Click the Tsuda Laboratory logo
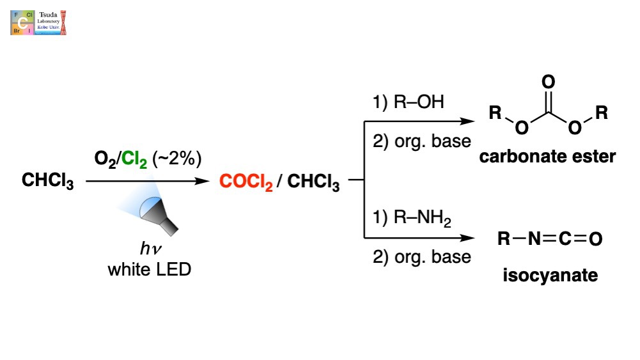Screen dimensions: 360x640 38,22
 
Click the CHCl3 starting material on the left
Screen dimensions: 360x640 48,182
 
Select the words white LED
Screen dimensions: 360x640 149,269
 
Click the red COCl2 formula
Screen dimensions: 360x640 246,183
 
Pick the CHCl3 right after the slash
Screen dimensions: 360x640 313,183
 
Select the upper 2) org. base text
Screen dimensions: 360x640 421,141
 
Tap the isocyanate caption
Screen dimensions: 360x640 549,276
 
